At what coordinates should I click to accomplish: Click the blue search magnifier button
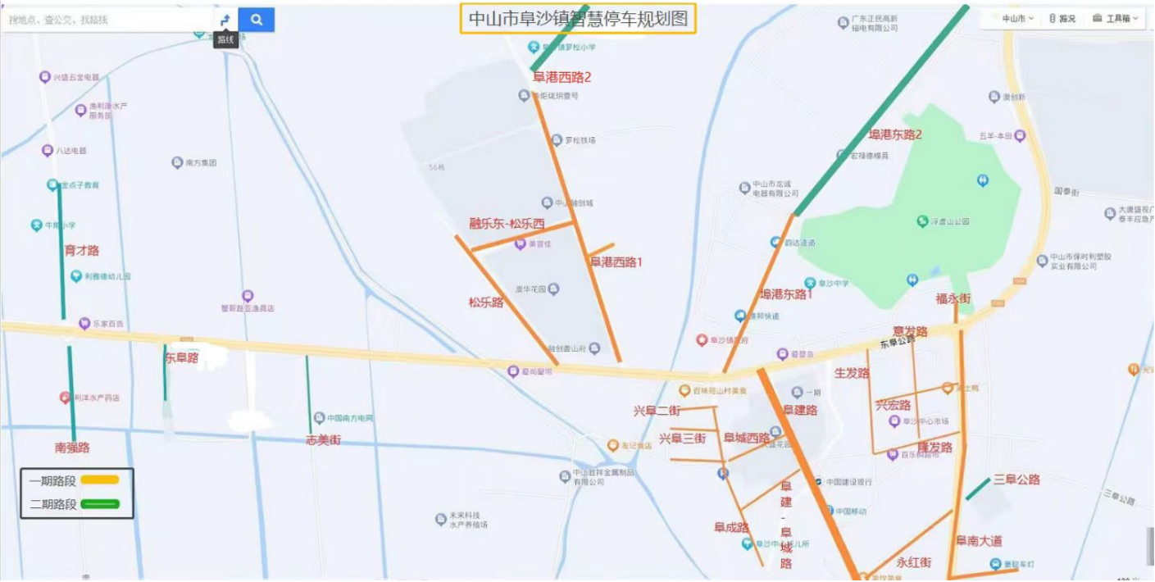(257, 20)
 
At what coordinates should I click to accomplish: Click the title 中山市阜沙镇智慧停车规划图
(578, 20)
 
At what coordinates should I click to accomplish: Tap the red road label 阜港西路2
(562, 77)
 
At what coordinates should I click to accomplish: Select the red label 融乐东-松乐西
(507, 224)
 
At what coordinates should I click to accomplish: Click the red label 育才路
(82, 250)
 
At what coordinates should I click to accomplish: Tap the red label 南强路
(72, 448)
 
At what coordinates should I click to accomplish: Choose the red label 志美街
(323, 440)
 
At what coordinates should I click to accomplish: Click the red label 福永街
(953, 298)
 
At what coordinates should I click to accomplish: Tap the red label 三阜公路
(1016, 479)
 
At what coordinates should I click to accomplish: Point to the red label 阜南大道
(979, 541)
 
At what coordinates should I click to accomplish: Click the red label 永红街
(914, 562)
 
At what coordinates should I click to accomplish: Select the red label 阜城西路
(747, 438)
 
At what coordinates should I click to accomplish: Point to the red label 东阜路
(182, 357)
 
